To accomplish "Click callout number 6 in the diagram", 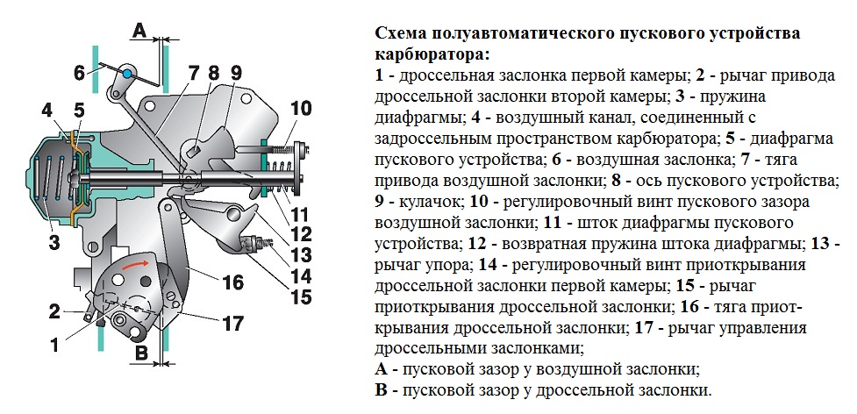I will click(79, 72).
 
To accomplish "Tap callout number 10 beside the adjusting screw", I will click(301, 109).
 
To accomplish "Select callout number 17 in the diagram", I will click(232, 324).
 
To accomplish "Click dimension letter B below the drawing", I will click(139, 355).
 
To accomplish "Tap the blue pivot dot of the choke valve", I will click(128, 73).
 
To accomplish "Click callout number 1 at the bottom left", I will click(55, 345).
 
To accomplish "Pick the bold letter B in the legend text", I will click(381, 389).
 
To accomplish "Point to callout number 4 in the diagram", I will click(47, 111).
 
